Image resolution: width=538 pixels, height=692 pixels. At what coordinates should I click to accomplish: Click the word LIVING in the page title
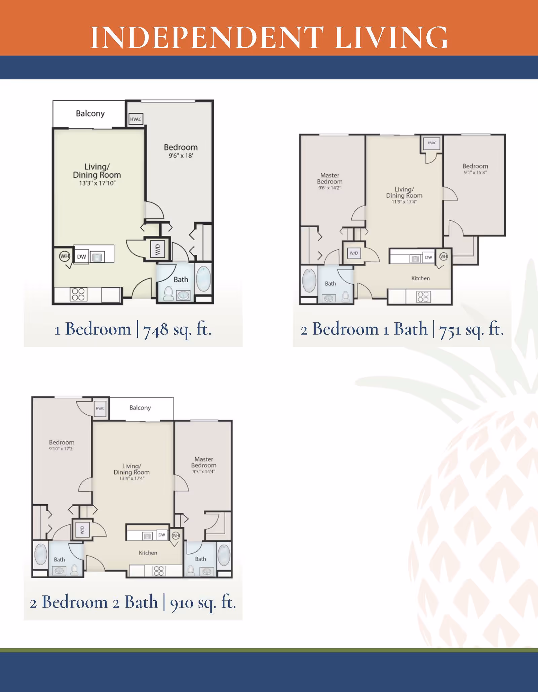click(x=391, y=37)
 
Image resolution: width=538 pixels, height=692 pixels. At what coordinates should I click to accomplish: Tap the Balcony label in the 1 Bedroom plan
click(x=90, y=114)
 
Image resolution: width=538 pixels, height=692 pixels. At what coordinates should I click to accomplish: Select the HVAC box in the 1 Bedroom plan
click(x=136, y=119)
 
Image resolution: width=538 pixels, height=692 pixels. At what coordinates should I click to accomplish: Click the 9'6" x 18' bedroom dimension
click(x=181, y=156)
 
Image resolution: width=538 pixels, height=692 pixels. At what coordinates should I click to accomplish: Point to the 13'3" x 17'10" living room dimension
click(x=97, y=183)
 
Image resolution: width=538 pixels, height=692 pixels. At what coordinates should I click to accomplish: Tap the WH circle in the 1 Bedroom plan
click(x=64, y=256)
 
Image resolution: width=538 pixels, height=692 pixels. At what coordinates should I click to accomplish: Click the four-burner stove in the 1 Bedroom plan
click(x=78, y=294)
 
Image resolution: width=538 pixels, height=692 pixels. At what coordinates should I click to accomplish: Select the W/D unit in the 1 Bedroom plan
click(x=157, y=249)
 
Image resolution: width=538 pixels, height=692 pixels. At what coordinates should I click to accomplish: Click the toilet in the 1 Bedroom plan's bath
click(x=168, y=294)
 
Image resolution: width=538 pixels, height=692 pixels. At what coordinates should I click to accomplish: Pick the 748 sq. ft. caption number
click(x=156, y=329)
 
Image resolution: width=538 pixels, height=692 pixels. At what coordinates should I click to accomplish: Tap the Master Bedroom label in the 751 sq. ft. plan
click(x=330, y=178)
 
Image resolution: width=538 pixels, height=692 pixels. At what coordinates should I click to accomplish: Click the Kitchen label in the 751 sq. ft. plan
click(x=420, y=278)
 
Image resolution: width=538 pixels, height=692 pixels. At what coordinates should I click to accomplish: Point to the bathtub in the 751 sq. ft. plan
click(x=309, y=280)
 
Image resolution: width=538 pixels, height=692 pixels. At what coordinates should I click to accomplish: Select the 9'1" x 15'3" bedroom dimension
click(x=475, y=173)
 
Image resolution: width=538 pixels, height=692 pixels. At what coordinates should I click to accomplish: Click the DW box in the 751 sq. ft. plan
click(x=428, y=257)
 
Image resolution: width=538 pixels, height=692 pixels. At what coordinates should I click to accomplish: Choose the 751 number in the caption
click(x=451, y=330)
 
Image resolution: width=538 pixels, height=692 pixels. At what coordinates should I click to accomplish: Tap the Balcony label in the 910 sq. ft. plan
click(x=140, y=408)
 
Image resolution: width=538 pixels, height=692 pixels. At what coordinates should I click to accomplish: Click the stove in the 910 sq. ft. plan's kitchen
click(x=159, y=571)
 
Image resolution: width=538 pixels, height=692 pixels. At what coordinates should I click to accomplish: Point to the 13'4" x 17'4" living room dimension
click(x=132, y=478)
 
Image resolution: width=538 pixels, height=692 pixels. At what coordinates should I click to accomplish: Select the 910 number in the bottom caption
click(x=182, y=603)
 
